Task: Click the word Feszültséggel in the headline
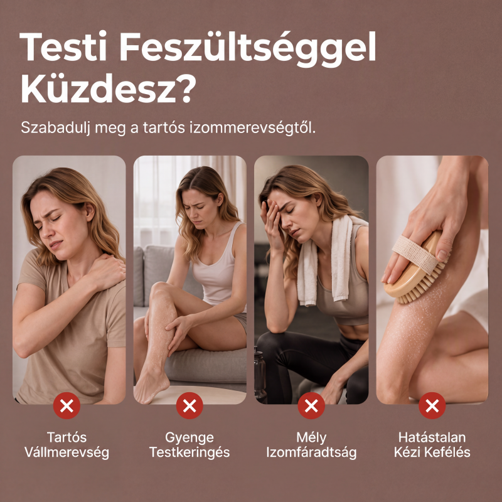tap(248, 49)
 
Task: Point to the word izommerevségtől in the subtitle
tap(253, 128)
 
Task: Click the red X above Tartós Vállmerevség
tap(67, 405)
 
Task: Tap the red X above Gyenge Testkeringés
tap(190, 405)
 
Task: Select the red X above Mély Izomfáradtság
tap(311, 405)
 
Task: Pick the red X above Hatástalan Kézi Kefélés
tap(432, 405)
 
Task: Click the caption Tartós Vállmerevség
tap(67, 445)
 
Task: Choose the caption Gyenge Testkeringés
tap(190, 445)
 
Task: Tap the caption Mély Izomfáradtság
tap(311, 445)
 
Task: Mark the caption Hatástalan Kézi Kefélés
tap(432, 445)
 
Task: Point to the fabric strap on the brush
tap(416, 255)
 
